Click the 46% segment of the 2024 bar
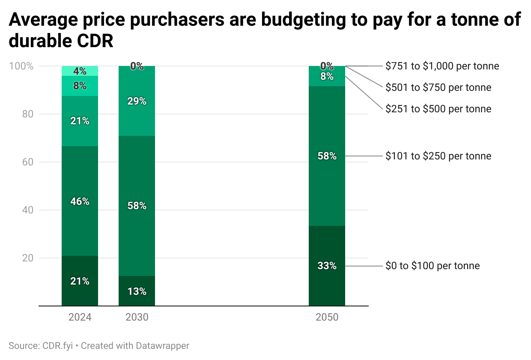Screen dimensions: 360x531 pos(80,201)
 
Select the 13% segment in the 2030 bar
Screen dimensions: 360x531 pos(137,291)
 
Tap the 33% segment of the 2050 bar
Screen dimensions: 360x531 pos(327,266)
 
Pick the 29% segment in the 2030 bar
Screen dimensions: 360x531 pos(137,101)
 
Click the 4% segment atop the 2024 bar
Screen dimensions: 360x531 pos(80,71)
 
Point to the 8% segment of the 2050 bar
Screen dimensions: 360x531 pos(327,77)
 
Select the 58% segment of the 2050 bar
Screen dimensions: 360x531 pos(327,156)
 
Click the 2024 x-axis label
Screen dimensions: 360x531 pos(80,318)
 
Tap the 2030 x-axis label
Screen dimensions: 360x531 pos(137,318)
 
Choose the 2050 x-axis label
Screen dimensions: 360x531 pos(327,318)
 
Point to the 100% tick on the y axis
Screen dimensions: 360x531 pos(21,66)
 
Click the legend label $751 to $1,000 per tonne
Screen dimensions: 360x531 pos(442,66)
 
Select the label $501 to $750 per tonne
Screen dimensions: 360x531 pos(438,87)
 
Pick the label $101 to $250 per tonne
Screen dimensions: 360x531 pos(438,156)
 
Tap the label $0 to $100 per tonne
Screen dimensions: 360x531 pos(433,266)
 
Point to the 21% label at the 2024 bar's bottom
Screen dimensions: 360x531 pos(80,281)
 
